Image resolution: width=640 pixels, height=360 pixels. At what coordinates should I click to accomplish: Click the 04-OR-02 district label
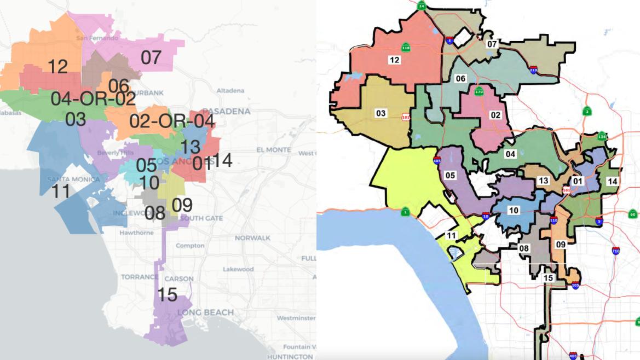click(93, 99)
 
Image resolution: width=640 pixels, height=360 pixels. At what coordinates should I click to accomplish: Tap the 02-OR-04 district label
click(172, 121)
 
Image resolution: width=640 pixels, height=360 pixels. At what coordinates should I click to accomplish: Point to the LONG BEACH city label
click(205, 312)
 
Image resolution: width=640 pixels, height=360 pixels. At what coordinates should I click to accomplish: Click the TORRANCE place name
click(140, 277)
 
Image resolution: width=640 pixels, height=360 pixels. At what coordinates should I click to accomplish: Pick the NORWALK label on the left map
click(252, 238)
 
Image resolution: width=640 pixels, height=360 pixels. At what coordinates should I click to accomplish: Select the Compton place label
click(189, 246)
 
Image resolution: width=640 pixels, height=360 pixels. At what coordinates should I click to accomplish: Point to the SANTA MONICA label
click(73, 179)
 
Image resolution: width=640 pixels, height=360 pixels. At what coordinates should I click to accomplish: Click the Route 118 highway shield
click(406, 48)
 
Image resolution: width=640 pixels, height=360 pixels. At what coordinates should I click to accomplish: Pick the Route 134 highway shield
click(602, 136)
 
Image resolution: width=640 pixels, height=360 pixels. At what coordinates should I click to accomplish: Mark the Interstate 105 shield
click(576, 285)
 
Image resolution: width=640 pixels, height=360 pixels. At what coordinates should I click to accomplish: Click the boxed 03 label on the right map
click(380, 113)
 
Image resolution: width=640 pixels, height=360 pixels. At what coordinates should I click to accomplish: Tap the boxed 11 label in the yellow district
click(451, 236)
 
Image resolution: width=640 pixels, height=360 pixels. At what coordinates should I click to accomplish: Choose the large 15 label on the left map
click(168, 295)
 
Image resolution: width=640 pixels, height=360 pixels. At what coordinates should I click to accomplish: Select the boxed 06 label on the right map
click(460, 79)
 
